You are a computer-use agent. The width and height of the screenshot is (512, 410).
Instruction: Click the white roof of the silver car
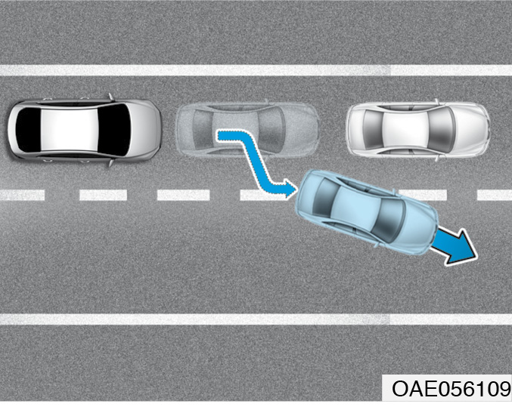(70, 130)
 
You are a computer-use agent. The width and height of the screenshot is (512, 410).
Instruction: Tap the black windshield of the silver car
(114, 130)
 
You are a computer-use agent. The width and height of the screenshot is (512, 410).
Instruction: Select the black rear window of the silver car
(29, 130)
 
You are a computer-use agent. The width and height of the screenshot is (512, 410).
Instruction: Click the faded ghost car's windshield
(272, 130)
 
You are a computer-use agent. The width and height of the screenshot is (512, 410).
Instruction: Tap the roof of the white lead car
(405, 130)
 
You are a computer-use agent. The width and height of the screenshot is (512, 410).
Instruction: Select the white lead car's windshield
(442, 130)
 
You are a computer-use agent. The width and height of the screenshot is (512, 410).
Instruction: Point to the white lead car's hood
(471, 130)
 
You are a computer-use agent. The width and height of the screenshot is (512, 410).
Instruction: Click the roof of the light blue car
(356, 208)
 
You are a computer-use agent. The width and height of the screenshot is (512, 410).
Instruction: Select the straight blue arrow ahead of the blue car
(455, 245)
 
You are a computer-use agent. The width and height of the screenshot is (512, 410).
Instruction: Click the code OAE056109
(451, 389)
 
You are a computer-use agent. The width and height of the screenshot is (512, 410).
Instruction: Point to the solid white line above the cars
(256, 70)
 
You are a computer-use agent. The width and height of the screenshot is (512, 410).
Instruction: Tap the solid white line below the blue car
(256, 319)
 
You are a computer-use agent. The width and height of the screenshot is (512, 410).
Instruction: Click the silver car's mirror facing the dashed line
(110, 162)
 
